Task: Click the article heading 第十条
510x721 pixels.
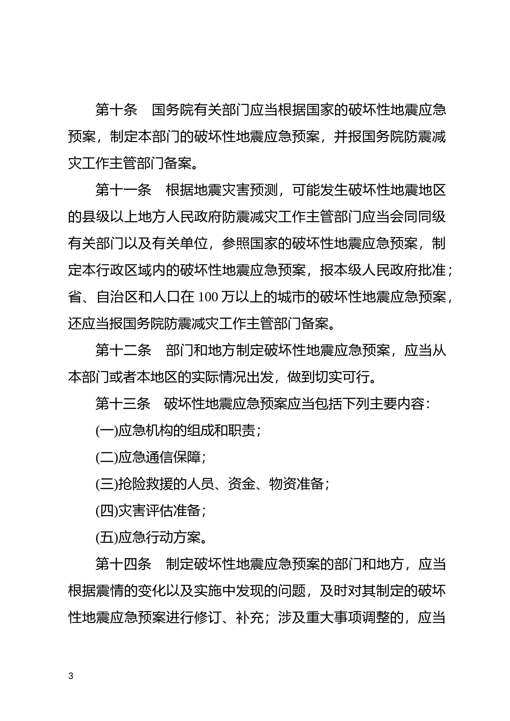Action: tap(116, 110)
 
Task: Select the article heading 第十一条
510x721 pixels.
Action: tap(123, 190)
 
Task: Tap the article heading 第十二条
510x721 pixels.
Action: tap(123, 351)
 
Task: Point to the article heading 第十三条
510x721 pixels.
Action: tap(123, 404)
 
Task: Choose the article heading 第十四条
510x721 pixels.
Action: tap(123, 564)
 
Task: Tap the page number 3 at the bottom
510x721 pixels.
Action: tap(71, 676)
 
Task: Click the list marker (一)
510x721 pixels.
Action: tap(107, 431)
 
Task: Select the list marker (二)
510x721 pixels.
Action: tap(107, 458)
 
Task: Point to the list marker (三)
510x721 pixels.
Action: tap(107, 484)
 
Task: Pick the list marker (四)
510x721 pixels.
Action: tap(107, 511)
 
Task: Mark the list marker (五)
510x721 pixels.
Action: tap(107, 538)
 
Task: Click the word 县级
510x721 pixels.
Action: tap(96, 217)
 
